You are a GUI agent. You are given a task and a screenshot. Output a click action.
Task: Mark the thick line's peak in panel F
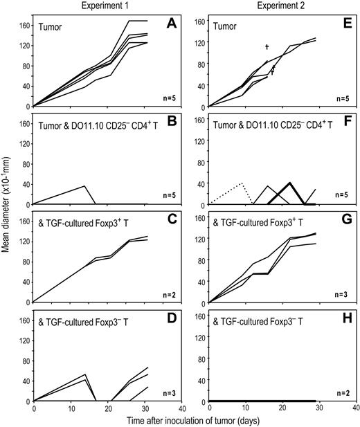(x=289, y=183)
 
